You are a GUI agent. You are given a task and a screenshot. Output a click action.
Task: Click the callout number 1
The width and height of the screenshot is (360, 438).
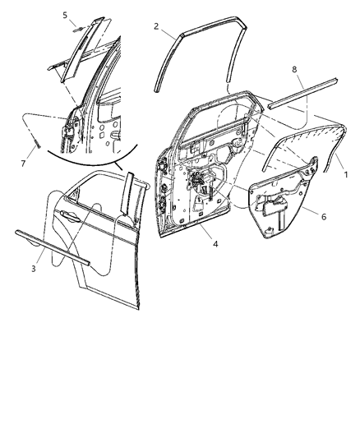coord(345,175)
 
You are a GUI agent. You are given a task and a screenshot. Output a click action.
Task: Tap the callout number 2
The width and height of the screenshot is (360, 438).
coord(156,27)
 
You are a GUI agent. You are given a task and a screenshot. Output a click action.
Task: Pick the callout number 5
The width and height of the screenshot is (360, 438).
coord(66,15)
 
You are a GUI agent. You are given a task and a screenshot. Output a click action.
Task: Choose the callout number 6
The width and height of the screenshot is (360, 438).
coord(323,216)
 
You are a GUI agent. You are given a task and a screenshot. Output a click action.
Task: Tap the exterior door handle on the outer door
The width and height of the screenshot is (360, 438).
coord(67,215)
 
